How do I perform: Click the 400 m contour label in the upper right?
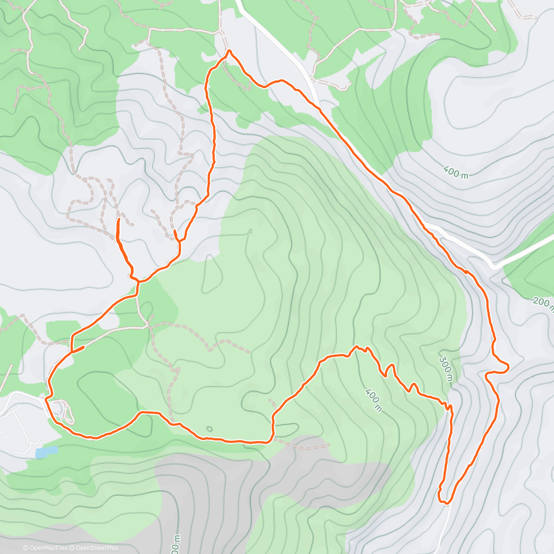pos(456,172)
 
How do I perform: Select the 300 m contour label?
pos(446,369)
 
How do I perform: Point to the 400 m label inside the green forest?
pos(373,400)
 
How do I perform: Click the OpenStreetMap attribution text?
pos(95,548)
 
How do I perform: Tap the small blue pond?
pos(47,452)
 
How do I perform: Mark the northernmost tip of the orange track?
pos(229,51)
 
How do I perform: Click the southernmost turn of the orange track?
pos(445,502)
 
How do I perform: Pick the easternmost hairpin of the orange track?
pos(508,367)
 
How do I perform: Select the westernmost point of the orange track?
pos(46,397)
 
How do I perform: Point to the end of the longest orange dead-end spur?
pos(119,218)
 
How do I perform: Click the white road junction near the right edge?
pos(494,266)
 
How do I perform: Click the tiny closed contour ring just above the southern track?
pos(209,429)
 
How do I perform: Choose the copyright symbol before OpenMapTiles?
pos(25,548)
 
